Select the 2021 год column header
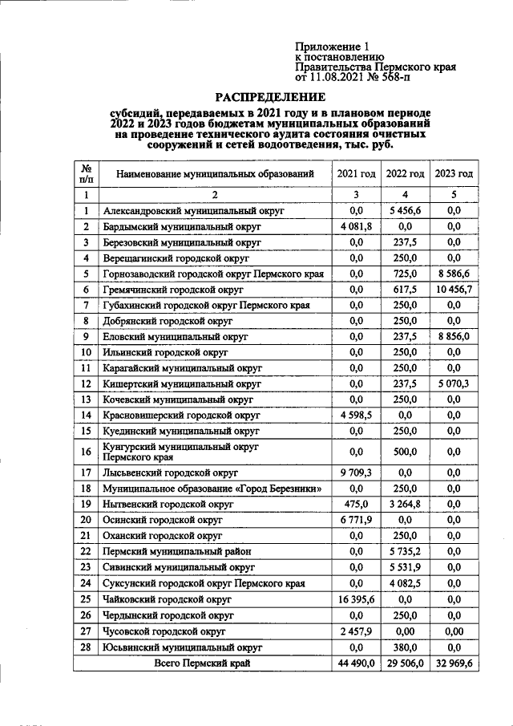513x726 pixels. pos(356,173)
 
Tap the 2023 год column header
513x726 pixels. pos(454,173)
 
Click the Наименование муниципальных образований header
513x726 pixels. pos(213,173)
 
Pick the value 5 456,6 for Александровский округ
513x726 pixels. pos(405,211)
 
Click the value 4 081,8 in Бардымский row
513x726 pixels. pos(356,227)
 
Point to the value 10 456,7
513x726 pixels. pos(454,289)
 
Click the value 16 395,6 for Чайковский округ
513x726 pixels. pos(356,598)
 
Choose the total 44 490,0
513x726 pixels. pos(356,663)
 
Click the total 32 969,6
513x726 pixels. pos(454,663)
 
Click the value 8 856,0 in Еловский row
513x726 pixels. pos(454,336)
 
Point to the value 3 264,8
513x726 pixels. pos(405,505)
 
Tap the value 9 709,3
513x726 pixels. pos(356,473)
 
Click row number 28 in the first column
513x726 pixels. pos(85,646)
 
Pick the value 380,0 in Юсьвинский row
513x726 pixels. pos(405,646)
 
